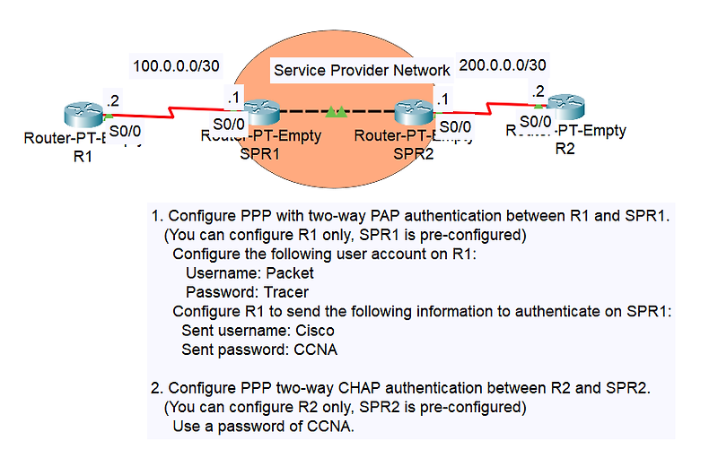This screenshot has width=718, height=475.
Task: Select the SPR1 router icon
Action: pos(261,114)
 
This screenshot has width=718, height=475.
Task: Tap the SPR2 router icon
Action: pos(414,114)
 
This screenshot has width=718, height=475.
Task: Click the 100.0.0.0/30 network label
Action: pos(176,65)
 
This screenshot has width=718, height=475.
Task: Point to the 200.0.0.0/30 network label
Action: pos(502,65)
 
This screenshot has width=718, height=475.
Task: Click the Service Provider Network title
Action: pos(362,70)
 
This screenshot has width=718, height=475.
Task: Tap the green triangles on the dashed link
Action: pos(337,112)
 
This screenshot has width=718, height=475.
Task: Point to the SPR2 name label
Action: pos(414,153)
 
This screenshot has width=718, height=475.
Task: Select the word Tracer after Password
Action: pos(286,292)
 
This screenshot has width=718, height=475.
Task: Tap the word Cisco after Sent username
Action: pos(314,331)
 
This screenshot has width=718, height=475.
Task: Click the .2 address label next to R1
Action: pos(113,100)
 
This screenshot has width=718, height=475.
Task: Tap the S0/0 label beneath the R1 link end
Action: pos(125,131)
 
